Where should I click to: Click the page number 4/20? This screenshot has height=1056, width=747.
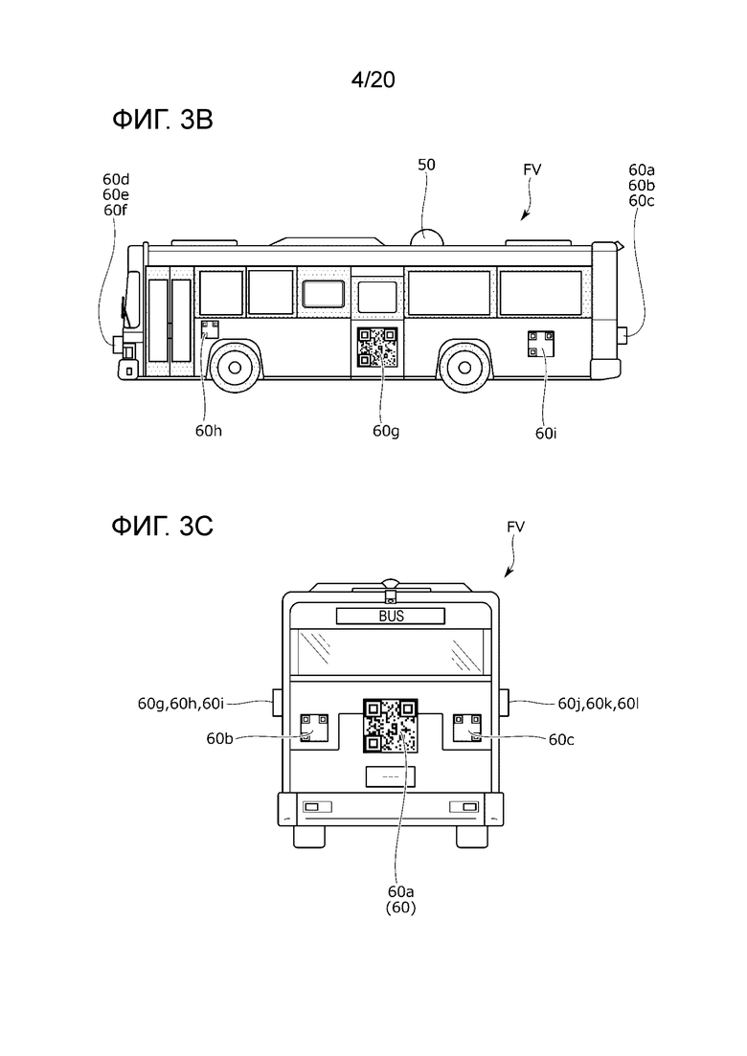(x=373, y=80)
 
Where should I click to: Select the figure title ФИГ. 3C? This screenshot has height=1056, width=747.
(x=163, y=526)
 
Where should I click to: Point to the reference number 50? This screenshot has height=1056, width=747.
(x=426, y=165)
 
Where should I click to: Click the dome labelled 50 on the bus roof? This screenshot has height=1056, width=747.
(x=426, y=236)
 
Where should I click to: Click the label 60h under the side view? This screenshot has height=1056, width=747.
(x=208, y=431)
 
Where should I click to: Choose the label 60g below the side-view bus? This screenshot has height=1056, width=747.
(x=386, y=432)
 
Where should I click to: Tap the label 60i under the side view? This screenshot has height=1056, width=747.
(x=546, y=434)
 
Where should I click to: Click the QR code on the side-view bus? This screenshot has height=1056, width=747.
(x=376, y=348)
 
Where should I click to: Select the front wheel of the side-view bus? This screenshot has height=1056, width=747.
(x=235, y=367)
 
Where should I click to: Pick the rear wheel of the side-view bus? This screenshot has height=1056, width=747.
(x=464, y=367)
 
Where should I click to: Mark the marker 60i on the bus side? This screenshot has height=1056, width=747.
(x=541, y=344)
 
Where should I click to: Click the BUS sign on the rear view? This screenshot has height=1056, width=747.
(x=391, y=616)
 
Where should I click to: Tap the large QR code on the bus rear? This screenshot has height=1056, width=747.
(x=391, y=726)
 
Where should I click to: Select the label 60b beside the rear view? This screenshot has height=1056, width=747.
(x=219, y=739)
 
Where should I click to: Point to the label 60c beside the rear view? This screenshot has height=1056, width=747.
(x=561, y=739)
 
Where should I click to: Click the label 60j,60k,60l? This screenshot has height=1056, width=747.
(x=599, y=704)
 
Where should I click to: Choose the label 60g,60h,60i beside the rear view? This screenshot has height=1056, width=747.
(x=180, y=704)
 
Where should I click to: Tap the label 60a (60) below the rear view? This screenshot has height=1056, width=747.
(x=400, y=900)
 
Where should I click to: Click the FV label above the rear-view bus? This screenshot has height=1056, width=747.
(x=515, y=527)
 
